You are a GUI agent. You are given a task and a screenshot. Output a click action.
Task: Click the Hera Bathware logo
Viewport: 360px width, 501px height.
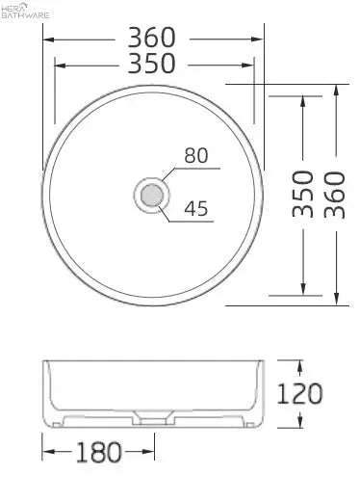(x=25, y=11)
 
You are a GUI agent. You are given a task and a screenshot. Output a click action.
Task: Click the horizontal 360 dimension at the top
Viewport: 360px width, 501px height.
(x=152, y=38)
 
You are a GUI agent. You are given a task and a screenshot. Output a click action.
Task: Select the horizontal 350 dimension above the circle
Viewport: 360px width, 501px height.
(x=152, y=64)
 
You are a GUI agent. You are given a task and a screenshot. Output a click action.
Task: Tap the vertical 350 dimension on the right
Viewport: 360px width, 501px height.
(x=303, y=194)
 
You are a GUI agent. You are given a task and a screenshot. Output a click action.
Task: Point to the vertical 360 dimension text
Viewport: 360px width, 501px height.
(x=334, y=195)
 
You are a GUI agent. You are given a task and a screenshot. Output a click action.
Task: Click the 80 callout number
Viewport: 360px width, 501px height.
(x=196, y=156)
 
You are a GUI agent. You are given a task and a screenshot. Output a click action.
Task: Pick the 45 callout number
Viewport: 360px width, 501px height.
(x=196, y=208)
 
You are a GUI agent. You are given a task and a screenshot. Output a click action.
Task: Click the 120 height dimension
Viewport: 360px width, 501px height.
(x=299, y=394)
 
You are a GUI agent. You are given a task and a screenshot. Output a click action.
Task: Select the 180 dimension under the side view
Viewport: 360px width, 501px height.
(x=98, y=452)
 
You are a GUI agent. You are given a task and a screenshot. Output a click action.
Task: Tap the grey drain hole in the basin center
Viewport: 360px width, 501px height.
(x=152, y=196)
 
